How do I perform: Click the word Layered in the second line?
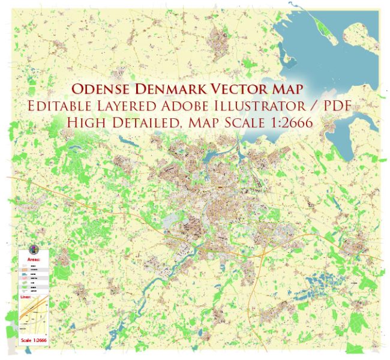pos(125,106)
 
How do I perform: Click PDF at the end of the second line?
pos(338,106)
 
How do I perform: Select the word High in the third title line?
pos(86,122)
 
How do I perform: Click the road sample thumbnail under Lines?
pos(35,318)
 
